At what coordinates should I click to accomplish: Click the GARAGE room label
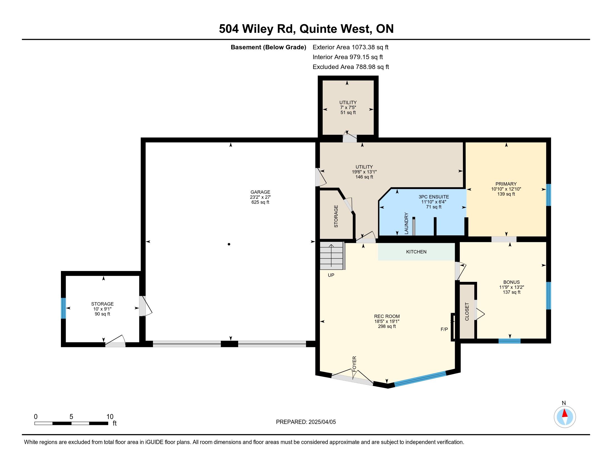[x=260, y=192]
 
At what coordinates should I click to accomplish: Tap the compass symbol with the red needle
[x=565, y=417]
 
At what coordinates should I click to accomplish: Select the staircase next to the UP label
[x=332, y=255]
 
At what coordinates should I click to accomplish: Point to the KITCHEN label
[x=416, y=252]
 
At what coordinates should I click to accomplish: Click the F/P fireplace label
[x=444, y=329]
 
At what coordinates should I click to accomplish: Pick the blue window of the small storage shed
[x=63, y=308]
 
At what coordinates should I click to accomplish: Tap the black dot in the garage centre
[x=229, y=244]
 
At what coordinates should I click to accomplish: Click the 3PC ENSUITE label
[x=433, y=197]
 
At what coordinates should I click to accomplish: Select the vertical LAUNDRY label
[x=406, y=223]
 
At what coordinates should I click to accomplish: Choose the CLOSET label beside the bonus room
[x=467, y=312]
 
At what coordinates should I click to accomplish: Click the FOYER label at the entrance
[x=354, y=364]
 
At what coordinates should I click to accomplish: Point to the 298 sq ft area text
[x=387, y=326]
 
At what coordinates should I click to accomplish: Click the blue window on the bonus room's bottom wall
[x=509, y=341]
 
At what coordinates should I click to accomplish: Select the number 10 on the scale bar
[x=110, y=417]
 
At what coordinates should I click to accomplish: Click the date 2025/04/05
[x=322, y=422]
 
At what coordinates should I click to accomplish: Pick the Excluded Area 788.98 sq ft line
[x=351, y=67]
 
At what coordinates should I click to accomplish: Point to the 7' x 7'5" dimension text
[x=348, y=107]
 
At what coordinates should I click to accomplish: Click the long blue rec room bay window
[x=420, y=379]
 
